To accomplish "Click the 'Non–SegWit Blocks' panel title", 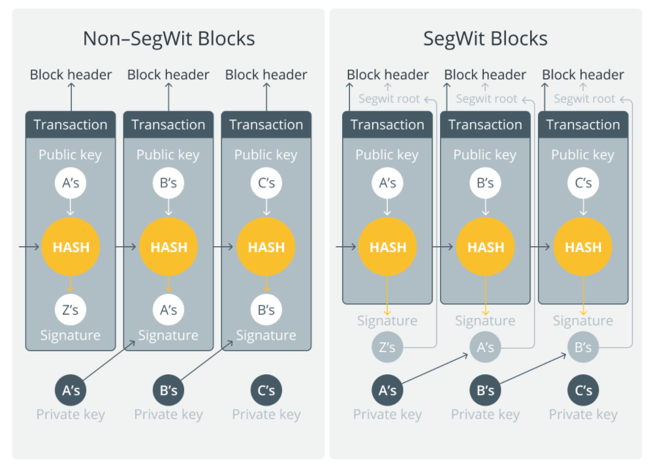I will tap(168, 39).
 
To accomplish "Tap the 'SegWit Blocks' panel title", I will tap(485, 39).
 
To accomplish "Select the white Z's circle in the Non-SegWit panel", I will tap(71, 310).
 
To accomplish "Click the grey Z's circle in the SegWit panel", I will tap(387, 347).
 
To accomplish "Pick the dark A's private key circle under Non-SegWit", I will tap(71, 391).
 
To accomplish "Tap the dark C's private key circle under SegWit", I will tap(583, 391).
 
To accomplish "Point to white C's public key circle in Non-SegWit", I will tap(266, 183).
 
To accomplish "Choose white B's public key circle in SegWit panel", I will tap(485, 183).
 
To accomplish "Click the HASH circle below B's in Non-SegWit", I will tap(168, 247).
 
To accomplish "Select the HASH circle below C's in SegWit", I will tap(583, 247).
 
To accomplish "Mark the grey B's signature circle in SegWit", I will tap(583, 347).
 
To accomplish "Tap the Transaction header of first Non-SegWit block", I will tap(71, 125).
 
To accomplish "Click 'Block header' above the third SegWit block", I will tap(583, 75).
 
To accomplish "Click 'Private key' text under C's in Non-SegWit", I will tap(266, 415).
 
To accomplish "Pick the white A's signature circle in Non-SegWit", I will tap(168, 310).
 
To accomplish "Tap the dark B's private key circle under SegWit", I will tap(485, 391).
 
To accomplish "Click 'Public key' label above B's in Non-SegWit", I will tap(168, 155).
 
